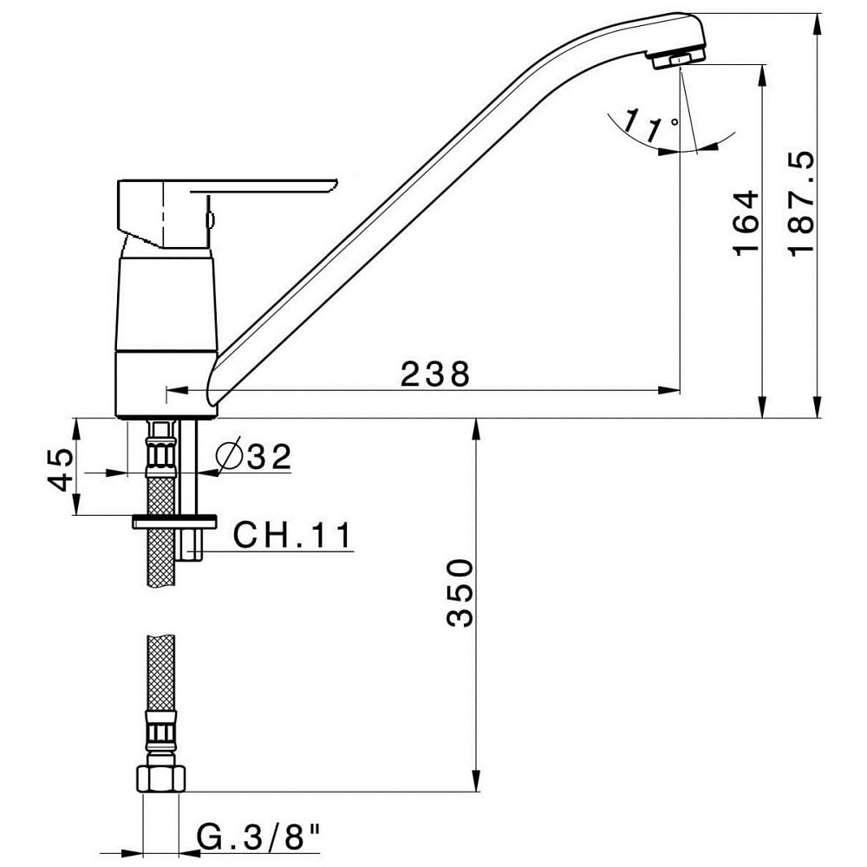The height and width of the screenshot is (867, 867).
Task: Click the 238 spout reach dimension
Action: click(x=435, y=374)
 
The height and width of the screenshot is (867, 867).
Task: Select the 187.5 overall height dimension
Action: click(x=801, y=203)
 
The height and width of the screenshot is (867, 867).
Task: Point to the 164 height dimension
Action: click(x=746, y=223)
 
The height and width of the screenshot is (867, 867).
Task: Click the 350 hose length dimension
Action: click(x=460, y=593)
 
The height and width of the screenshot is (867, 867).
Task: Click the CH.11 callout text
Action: click(x=292, y=535)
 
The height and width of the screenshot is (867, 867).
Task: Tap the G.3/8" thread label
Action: click(x=259, y=838)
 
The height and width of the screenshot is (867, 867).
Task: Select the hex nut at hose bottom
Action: click(x=160, y=779)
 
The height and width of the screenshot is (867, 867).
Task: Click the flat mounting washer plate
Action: click(x=174, y=521)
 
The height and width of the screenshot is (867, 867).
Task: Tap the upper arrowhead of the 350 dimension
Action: click(x=475, y=428)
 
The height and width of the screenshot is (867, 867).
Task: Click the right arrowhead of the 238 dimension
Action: click(x=669, y=390)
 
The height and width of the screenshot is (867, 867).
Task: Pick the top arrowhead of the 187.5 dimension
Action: click(x=818, y=23)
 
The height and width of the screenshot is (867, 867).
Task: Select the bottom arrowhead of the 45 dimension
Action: click(x=77, y=505)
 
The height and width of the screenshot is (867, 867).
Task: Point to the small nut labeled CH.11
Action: click(x=192, y=544)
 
